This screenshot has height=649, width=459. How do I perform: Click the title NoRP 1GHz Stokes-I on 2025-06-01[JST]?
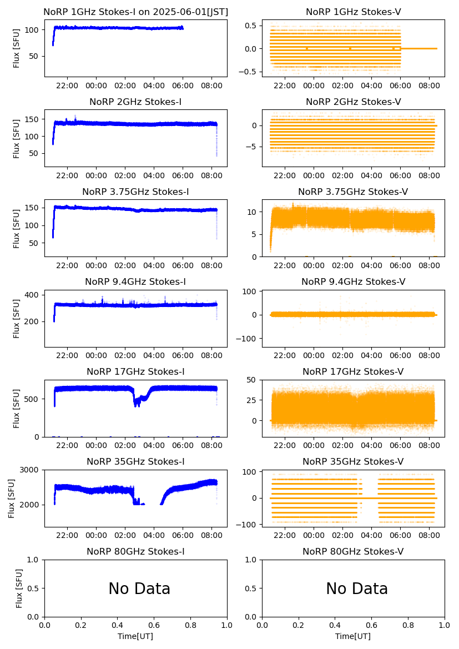135,12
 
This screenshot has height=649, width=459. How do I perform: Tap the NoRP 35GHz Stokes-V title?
353,461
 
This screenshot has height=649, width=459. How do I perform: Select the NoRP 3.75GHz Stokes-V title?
353,192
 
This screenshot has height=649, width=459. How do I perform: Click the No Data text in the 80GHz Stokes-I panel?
139,588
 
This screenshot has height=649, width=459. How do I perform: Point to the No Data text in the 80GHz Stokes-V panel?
357,588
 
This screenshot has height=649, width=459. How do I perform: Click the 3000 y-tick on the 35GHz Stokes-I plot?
31,470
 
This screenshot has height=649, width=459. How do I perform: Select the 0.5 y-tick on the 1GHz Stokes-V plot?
251,26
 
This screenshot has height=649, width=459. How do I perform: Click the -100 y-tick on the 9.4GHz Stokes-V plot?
249,339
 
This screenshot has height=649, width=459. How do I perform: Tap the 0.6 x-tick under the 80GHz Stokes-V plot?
371,625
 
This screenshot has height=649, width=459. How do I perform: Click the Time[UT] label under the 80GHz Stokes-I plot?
135,636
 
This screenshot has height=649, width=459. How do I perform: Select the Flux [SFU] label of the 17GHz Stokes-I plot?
17,408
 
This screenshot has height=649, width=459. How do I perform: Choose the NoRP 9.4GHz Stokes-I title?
135,281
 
